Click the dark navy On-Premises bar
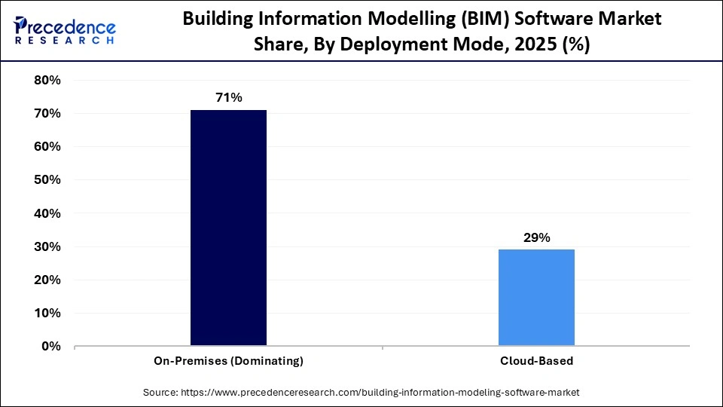(x=228, y=228)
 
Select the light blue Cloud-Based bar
(x=536, y=298)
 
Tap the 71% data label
(x=228, y=97)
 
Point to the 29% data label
(x=536, y=237)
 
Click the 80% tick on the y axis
(x=47, y=81)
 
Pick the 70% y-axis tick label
(x=47, y=114)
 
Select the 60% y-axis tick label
(x=47, y=147)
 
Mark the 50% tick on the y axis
(x=47, y=180)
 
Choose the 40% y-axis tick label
(x=47, y=213)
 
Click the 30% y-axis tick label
(x=47, y=246)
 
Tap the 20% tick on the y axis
(x=47, y=280)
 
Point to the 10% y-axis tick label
(x=47, y=313)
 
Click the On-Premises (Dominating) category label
(x=228, y=361)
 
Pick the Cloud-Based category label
(x=536, y=361)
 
